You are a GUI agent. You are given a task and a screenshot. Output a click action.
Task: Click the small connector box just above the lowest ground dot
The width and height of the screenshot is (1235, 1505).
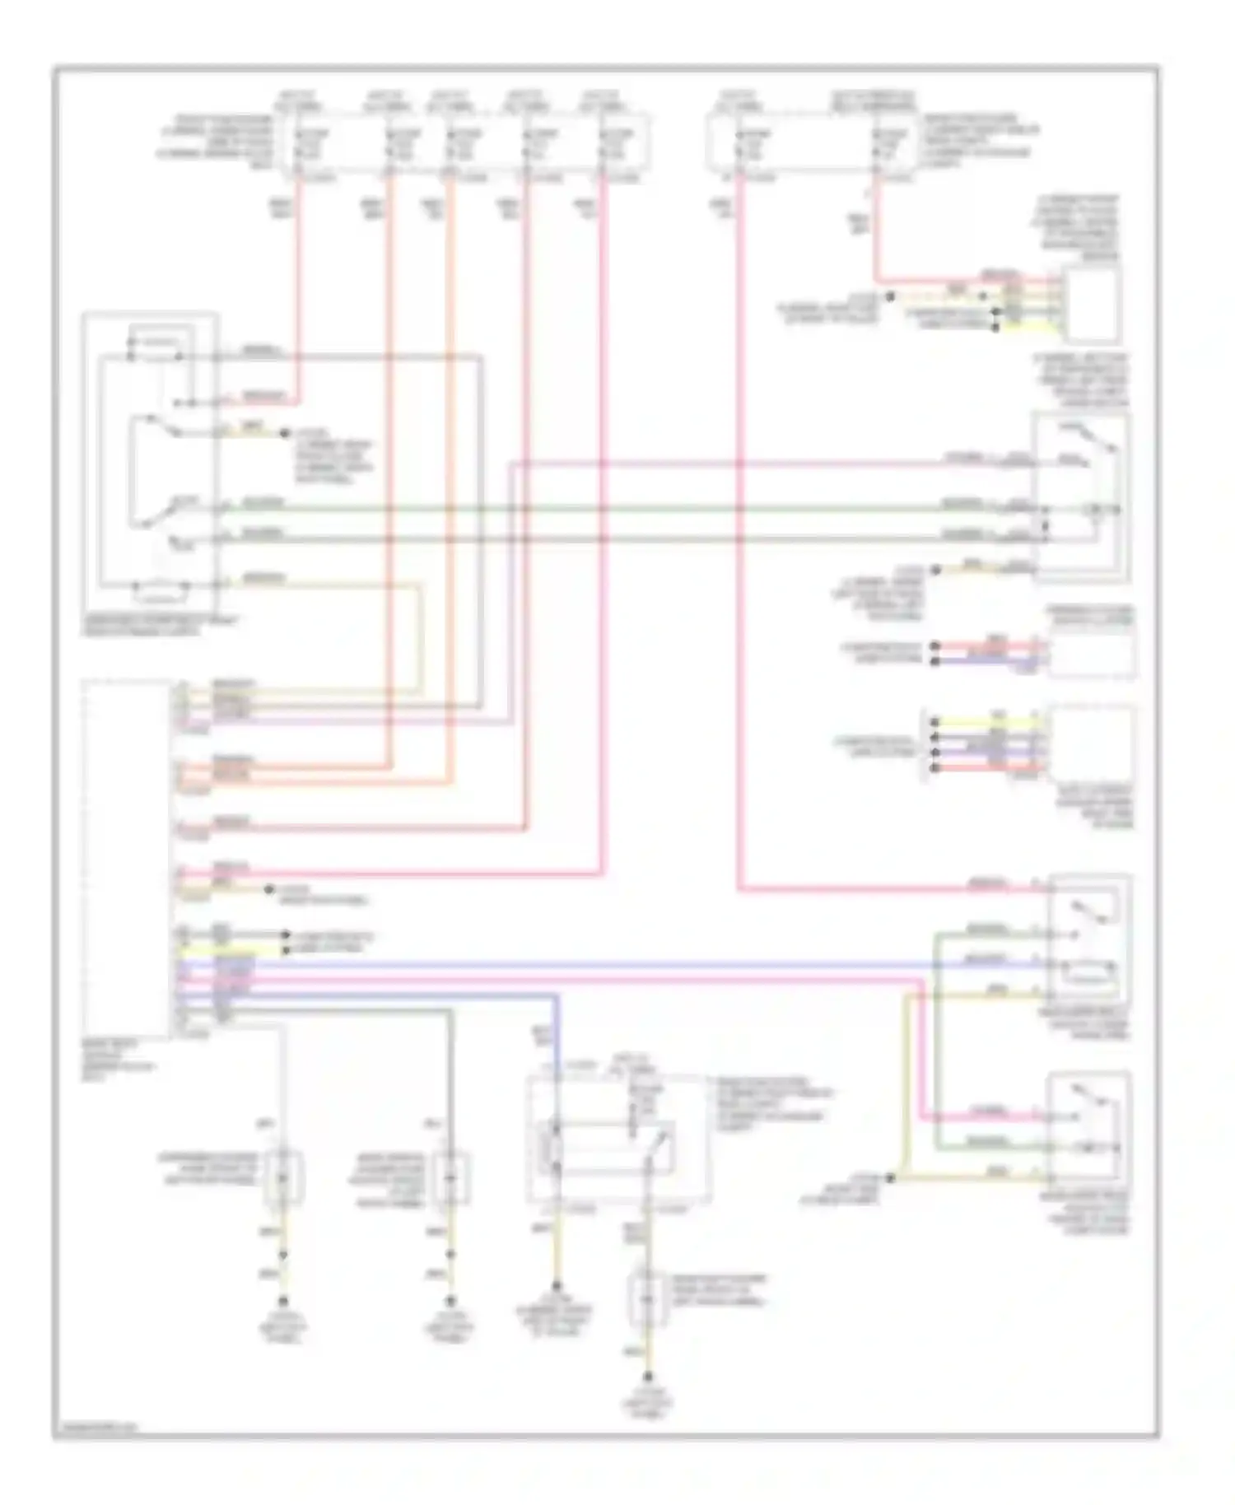(x=646, y=1300)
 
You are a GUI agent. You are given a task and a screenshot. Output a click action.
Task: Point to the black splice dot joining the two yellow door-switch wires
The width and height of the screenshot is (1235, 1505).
(x=891, y=1178)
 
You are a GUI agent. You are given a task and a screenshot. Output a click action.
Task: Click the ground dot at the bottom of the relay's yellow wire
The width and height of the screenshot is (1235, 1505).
(x=557, y=1285)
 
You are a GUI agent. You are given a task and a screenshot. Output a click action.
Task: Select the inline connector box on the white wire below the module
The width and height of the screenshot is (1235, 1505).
(x=282, y=1178)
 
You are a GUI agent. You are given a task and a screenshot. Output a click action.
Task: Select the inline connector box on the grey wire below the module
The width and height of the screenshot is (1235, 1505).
(x=450, y=1178)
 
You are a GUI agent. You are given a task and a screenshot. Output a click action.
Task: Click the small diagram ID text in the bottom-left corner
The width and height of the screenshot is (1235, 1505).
(x=97, y=1427)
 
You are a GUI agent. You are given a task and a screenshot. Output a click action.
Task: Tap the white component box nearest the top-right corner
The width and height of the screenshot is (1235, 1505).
(x=1092, y=305)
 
